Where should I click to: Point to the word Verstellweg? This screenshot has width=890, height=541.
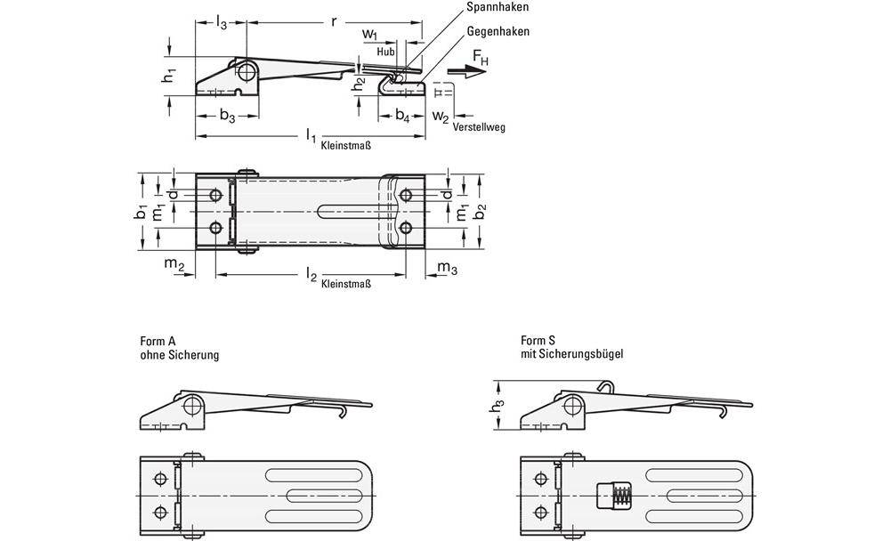click(x=478, y=127)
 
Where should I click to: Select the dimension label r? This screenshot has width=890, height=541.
click(x=334, y=19)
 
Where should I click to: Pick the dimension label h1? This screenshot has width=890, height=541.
click(x=167, y=77)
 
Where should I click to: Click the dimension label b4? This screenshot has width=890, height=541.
click(x=403, y=115)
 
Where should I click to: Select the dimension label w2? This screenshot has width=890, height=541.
click(x=441, y=116)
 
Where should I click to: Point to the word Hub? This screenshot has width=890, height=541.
click(x=384, y=52)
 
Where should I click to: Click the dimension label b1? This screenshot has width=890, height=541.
click(x=141, y=214)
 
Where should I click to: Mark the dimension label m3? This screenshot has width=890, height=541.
click(x=448, y=266)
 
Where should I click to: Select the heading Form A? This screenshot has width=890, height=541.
click(x=158, y=340)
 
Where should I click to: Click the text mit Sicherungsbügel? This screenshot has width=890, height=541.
click(x=571, y=353)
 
